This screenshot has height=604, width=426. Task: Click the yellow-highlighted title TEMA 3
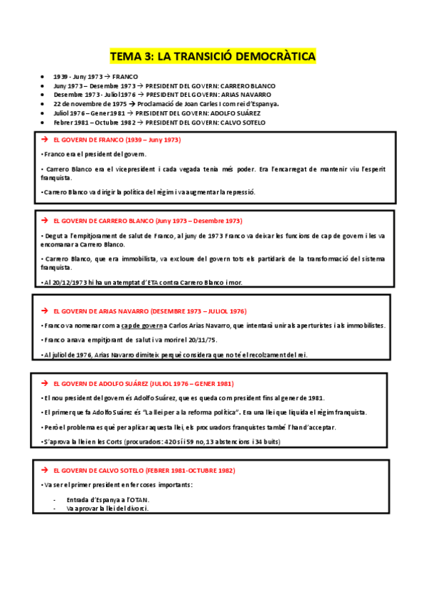click(213, 56)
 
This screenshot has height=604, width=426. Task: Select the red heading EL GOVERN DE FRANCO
click(117, 140)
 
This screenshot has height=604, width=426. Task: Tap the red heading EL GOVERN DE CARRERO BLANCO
click(147, 221)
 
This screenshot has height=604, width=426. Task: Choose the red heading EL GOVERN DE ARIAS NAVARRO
click(150, 311)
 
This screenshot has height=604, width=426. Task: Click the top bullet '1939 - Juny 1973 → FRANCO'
click(95, 76)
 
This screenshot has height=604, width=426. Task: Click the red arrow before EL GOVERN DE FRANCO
click(45, 140)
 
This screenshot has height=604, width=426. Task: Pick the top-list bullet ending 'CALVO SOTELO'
click(159, 123)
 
